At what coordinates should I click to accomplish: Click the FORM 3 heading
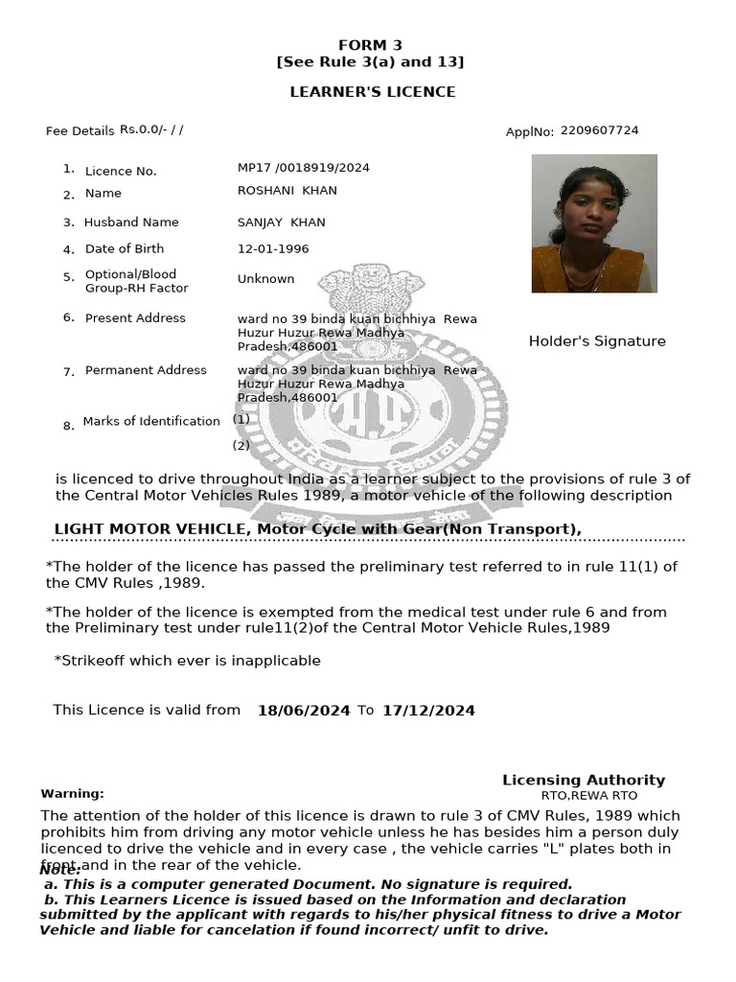tap(370, 45)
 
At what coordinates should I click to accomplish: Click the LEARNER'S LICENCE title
tap(373, 92)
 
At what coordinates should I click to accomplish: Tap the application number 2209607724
tap(599, 130)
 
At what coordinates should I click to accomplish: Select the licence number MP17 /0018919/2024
tap(303, 168)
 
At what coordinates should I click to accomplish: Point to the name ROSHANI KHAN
tap(287, 191)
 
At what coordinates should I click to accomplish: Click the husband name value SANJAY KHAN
tap(281, 222)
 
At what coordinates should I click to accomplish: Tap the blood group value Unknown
tap(265, 279)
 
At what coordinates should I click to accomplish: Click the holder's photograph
tap(594, 223)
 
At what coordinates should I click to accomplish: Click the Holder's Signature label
tap(596, 341)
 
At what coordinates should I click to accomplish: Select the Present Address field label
tap(135, 318)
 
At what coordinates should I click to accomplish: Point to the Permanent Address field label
tap(146, 370)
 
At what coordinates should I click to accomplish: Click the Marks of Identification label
tap(151, 421)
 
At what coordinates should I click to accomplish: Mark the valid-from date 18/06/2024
tap(304, 711)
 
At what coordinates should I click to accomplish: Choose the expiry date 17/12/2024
tap(427, 711)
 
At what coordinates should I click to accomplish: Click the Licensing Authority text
tap(583, 781)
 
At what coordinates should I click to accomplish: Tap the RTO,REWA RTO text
tap(588, 796)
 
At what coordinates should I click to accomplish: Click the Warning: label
tap(72, 794)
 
